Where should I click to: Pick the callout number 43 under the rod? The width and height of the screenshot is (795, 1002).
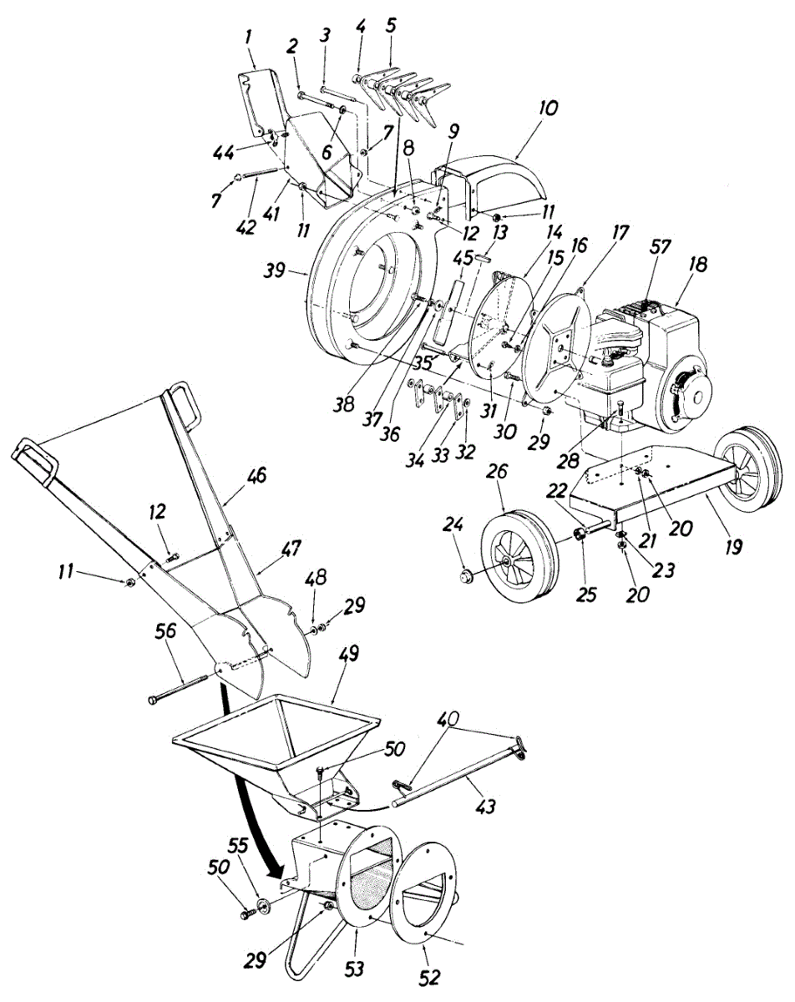(486, 807)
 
